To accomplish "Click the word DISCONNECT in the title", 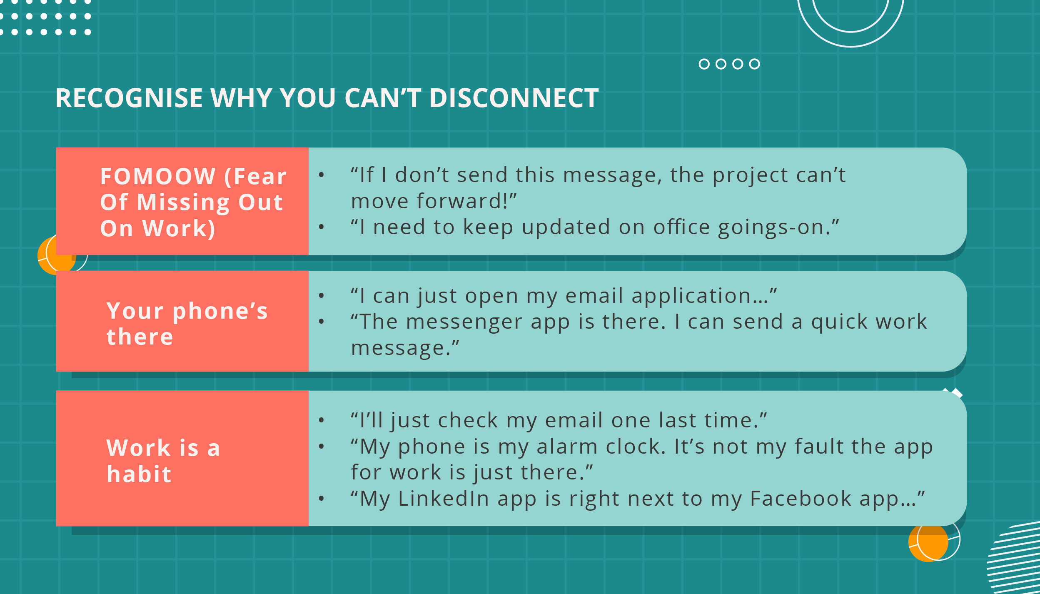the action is pyautogui.click(x=514, y=98).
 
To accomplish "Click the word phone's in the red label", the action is pyautogui.click(x=220, y=311).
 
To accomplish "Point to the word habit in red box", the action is pyautogui.click(x=139, y=474).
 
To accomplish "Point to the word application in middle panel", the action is pyautogui.click(x=691, y=296).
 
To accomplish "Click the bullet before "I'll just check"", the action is pyautogui.click(x=321, y=420).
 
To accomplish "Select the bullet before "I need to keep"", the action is pyautogui.click(x=321, y=227).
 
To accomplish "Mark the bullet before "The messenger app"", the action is pyautogui.click(x=321, y=321).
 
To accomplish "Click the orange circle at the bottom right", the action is pyautogui.click(x=928, y=543).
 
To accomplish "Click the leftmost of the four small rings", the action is pyautogui.click(x=704, y=64).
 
